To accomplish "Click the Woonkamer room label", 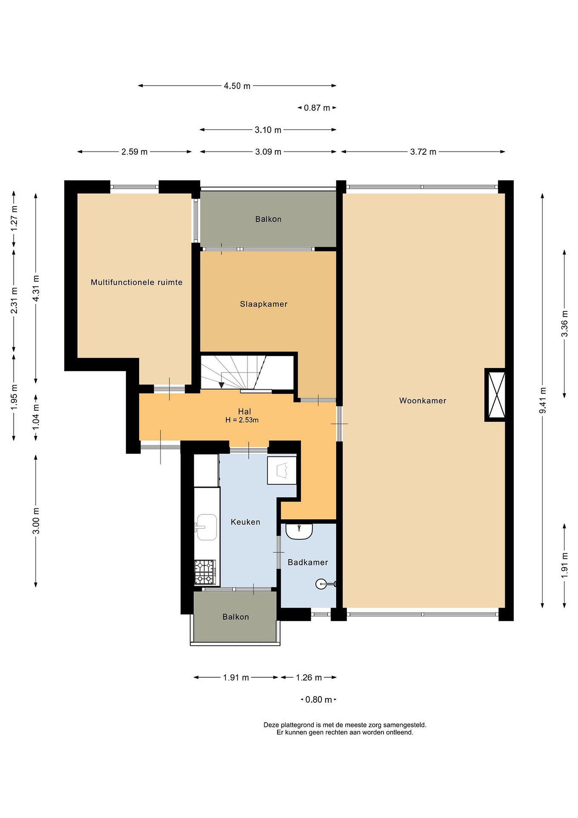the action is tap(423, 400).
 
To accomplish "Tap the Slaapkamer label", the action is tap(263, 304).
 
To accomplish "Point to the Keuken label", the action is tap(245, 522).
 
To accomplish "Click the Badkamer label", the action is tap(308, 562).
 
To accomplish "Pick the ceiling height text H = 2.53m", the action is tap(242, 420).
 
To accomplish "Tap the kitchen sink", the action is tap(206, 527).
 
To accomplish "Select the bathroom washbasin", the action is tap(299, 531).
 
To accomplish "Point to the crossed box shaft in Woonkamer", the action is tap(495, 395).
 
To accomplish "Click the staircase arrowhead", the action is tap(221, 385).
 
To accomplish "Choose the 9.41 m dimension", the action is tap(543, 400).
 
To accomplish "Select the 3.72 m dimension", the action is tap(423, 152).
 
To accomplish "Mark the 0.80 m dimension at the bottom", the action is tap(319, 700).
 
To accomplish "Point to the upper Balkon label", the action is tap(268, 219).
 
